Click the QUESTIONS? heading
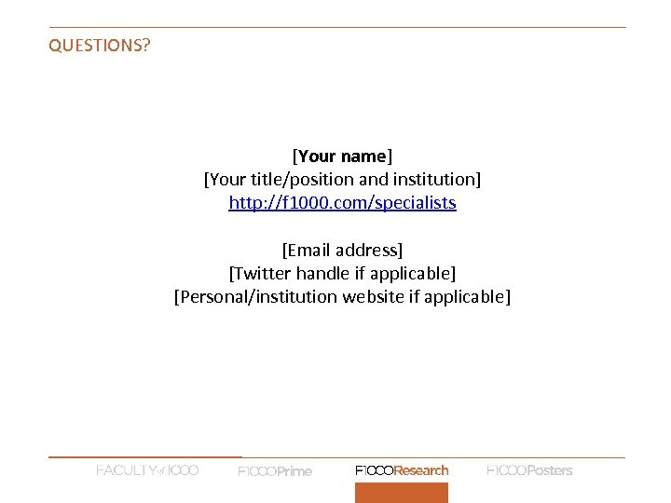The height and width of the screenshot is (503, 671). pos(99,45)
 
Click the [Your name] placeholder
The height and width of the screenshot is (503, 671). pos(342,155)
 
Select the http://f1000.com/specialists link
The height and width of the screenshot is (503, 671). pos(342,202)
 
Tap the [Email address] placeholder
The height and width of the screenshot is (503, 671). pos(342,250)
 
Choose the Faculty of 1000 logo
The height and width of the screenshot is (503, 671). pos(147,470)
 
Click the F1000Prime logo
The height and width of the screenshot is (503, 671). pos(275,471)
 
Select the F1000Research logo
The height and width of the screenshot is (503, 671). pos(402,470)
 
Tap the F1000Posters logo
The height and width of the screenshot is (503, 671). pos(529,470)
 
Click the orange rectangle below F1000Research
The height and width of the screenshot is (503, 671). pos(402,493)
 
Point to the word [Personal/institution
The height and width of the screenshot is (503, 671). pos(255,296)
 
